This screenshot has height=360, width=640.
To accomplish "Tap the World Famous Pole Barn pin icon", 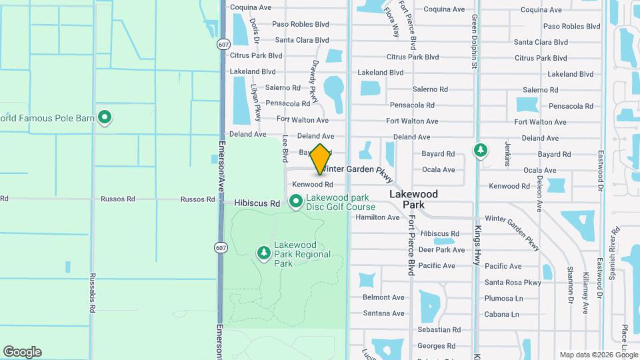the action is pyautogui.click(x=104, y=118).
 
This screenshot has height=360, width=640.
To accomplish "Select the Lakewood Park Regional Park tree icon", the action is pyautogui.click(x=264, y=253).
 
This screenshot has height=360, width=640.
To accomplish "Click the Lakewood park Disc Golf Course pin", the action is pyautogui.click(x=295, y=200).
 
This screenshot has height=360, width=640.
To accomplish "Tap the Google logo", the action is pyautogui.click(x=22, y=352).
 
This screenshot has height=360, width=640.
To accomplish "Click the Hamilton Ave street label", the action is pyautogui.click(x=377, y=217).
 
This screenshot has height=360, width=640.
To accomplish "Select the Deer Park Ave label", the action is pyautogui.click(x=441, y=250).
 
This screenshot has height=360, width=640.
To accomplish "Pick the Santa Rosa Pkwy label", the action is pyautogui.click(x=513, y=282).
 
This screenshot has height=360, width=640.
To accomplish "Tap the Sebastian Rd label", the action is pyautogui.click(x=438, y=329).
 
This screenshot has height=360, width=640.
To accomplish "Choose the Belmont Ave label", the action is pyautogui.click(x=383, y=297).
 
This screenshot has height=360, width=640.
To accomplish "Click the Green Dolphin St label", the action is pyautogui.click(x=475, y=42).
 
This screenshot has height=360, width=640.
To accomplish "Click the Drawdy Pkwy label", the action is pyautogui.click(x=313, y=81).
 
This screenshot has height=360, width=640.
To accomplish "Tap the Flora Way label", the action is pyautogui.click(x=391, y=22).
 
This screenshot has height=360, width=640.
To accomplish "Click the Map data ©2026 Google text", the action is pyautogui.click(x=598, y=355).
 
